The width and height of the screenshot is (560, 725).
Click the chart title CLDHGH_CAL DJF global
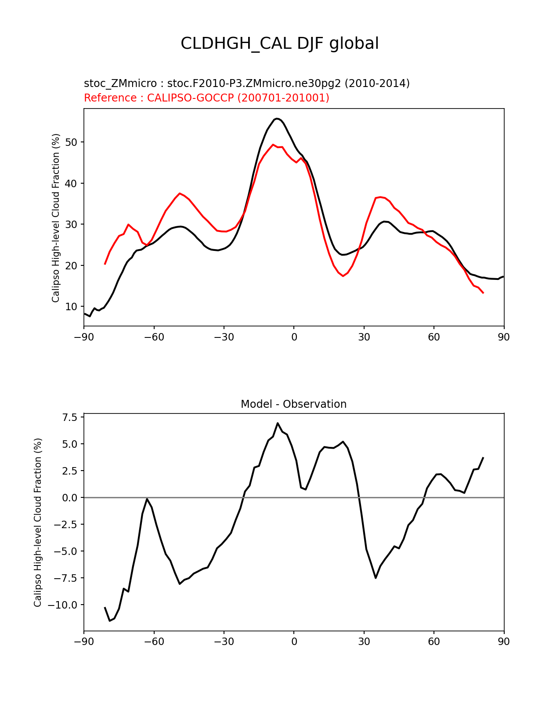click(x=280, y=43)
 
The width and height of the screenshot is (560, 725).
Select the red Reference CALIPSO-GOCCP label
click(x=206, y=98)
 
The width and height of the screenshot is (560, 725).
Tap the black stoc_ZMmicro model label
click(x=247, y=83)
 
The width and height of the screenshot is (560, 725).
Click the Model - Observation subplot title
click(x=293, y=404)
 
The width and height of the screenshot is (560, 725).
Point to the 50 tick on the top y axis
click(x=71, y=142)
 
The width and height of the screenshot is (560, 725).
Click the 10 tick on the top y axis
click(x=71, y=307)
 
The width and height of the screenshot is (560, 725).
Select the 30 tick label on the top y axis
click(x=71, y=225)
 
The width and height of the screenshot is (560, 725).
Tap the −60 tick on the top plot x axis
click(x=154, y=337)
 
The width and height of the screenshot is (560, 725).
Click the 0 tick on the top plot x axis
click(x=294, y=337)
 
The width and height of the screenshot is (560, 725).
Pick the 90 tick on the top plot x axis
click(x=504, y=337)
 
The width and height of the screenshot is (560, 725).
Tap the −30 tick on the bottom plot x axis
click(x=224, y=642)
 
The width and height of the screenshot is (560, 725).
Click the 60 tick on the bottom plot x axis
click(x=434, y=642)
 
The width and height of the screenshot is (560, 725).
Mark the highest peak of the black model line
click(x=277, y=119)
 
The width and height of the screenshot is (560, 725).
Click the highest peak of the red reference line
click(x=273, y=145)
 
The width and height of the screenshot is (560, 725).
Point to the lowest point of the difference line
click(x=110, y=620)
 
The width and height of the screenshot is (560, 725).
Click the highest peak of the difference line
click(x=278, y=423)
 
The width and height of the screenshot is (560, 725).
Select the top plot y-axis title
click(x=56, y=218)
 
